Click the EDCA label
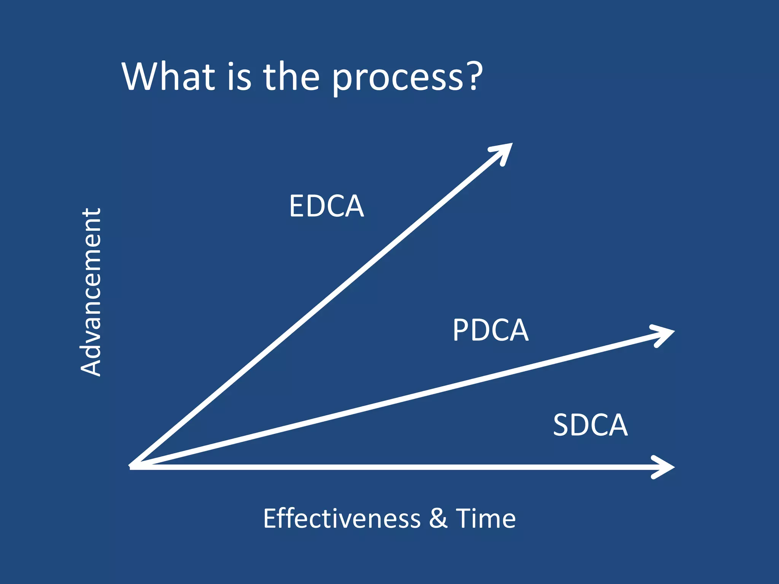click(x=326, y=206)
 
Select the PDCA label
click(x=490, y=330)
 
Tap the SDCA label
click(x=590, y=425)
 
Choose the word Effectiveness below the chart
click(x=342, y=518)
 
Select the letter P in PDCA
click(x=461, y=330)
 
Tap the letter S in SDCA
click(x=561, y=425)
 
